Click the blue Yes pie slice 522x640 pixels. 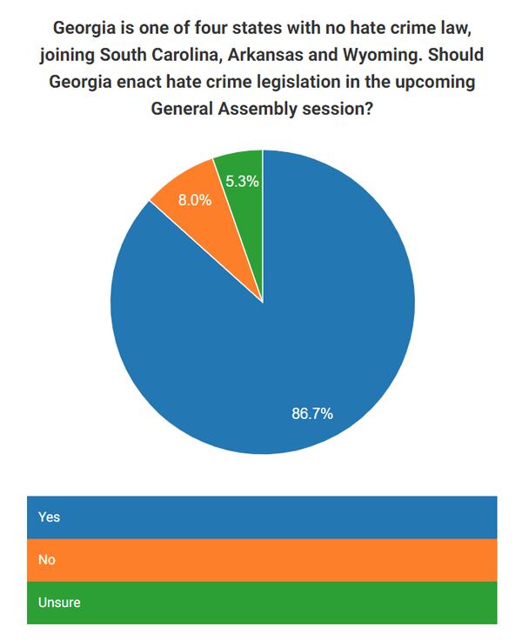click(261, 330)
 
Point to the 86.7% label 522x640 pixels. click(312, 413)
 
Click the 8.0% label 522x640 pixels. click(195, 200)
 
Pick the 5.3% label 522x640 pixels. click(242, 182)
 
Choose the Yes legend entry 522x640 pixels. click(261, 517)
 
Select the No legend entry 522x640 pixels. click(261, 560)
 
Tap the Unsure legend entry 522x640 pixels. click(261, 602)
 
